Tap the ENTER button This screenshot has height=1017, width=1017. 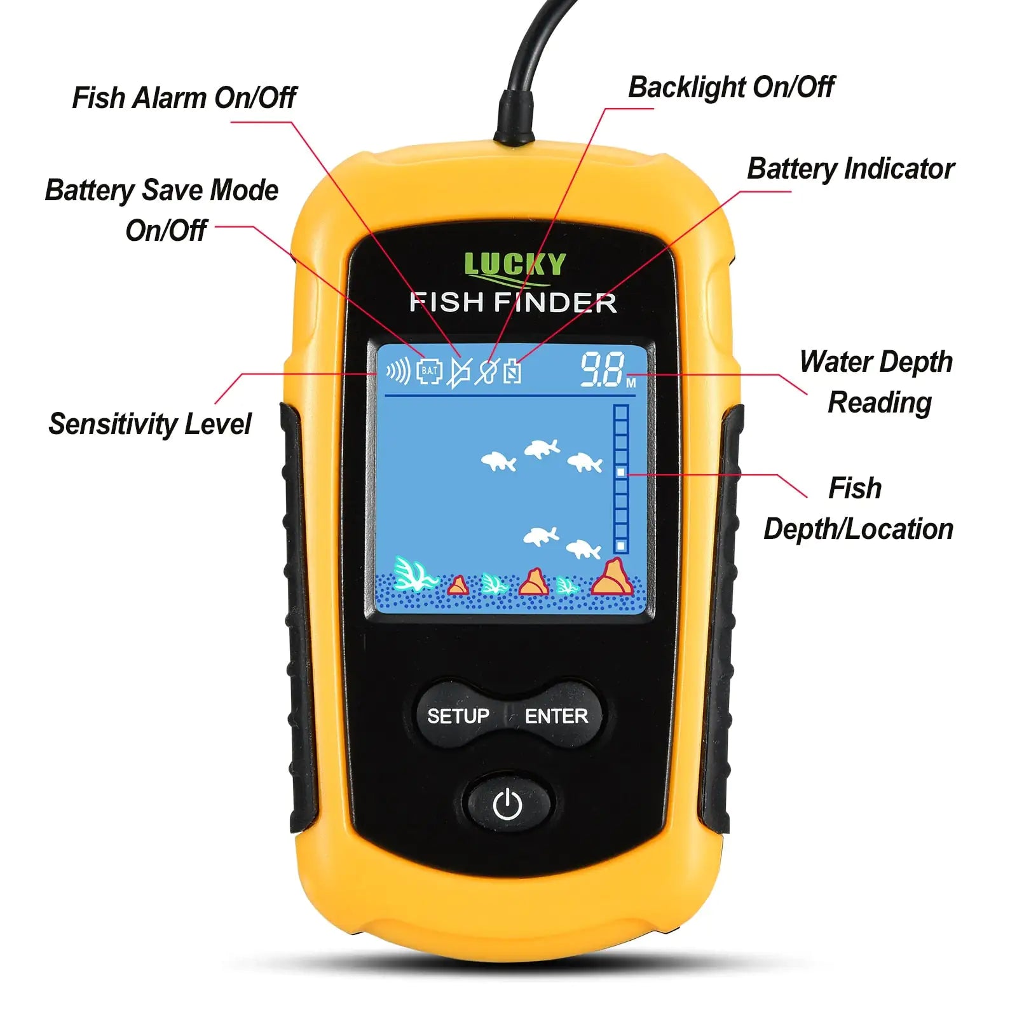pos(556,716)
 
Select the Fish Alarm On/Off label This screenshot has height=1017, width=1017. pos(184,97)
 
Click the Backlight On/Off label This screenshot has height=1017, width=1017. pos(731,87)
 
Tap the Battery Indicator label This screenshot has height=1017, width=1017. pos(850,168)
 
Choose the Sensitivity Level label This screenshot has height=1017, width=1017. pos(150,424)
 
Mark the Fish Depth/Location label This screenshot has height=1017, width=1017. pos(858,508)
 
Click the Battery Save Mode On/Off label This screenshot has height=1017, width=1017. pos(161,210)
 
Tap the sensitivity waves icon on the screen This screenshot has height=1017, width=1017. pos(399,371)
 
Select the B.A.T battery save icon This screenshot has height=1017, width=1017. pos(429,371)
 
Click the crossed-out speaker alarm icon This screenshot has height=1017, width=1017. pos(459,372)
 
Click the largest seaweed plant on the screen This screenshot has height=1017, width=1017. pos(413,574)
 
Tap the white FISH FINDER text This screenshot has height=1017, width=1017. pos(514,303)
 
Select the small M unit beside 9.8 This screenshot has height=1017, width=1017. pos(631,383)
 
